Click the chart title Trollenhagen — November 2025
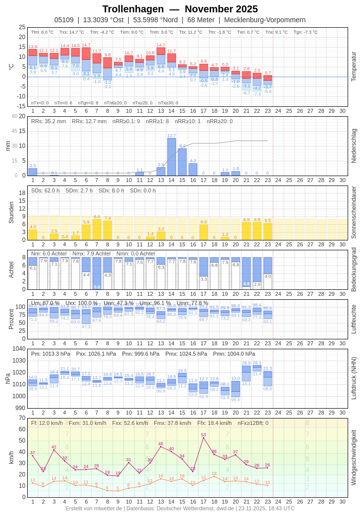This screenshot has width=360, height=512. coord(180,9)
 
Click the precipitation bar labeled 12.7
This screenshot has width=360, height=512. coord(172,157)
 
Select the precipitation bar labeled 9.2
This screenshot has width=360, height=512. coord(182,162)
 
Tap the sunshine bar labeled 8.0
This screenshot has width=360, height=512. coord(97,230)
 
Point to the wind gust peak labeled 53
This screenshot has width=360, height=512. coord(203,437)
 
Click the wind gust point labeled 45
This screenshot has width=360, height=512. coord(161,446)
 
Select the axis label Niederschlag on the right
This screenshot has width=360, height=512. coord(354,146)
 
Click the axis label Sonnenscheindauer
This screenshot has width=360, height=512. coord(354,213)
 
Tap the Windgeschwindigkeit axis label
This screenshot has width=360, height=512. coord(354,457)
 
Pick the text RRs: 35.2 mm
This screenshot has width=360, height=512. coord(48,121)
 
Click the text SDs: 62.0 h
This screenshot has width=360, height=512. coord(45,190)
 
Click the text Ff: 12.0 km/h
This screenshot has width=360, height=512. coord(47,423)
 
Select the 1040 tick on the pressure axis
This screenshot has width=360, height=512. coord(19,349)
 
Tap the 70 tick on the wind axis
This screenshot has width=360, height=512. coord(22,418)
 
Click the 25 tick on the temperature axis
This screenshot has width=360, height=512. coord(22,27)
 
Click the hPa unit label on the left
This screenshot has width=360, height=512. coord(7,378)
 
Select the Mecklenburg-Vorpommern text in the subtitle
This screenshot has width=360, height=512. coord(265,20)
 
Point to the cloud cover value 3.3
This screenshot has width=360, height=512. coord(203,279)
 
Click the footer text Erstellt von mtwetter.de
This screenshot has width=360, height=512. coord(94,508)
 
